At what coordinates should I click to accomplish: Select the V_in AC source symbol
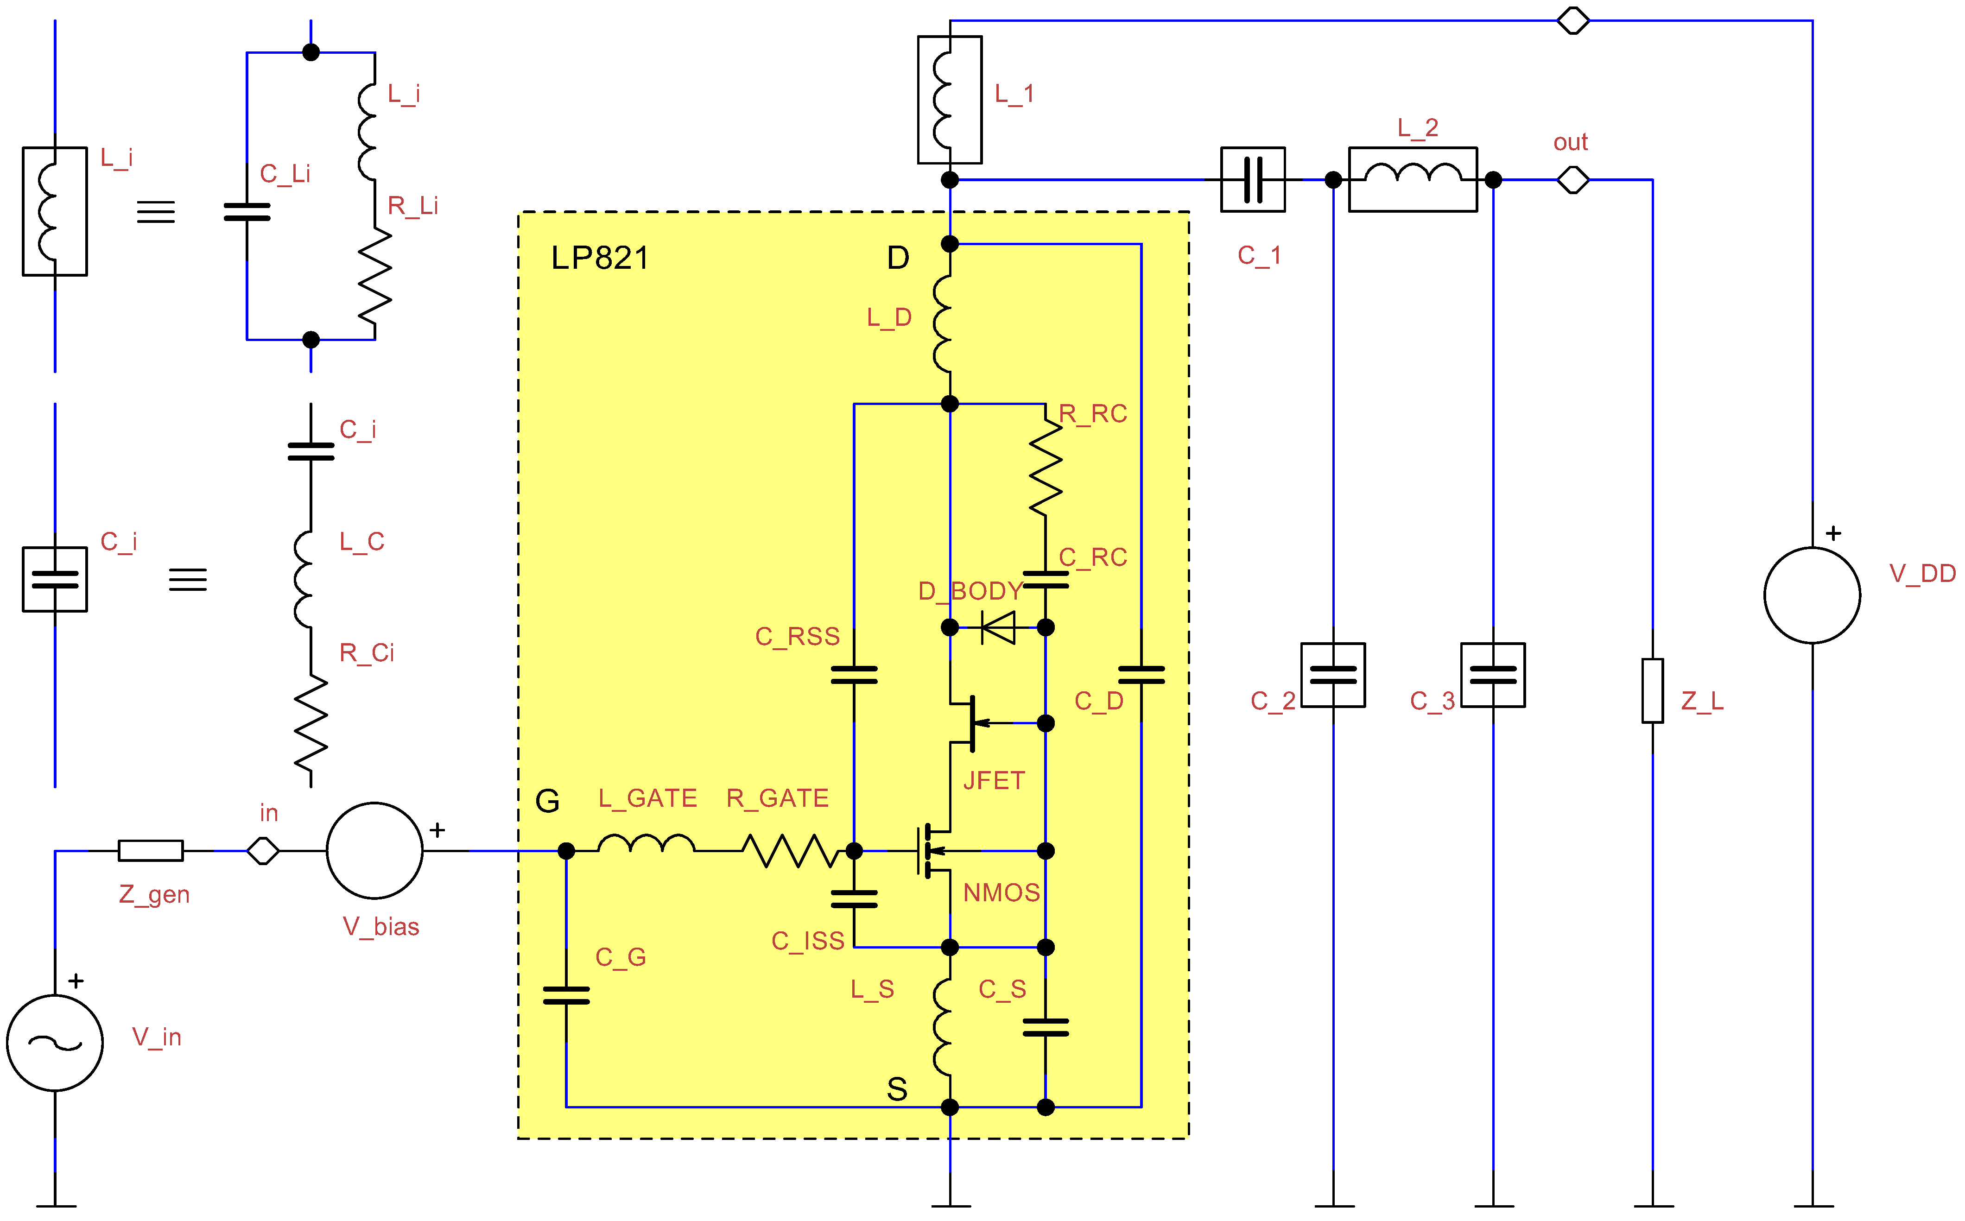point(55,1043)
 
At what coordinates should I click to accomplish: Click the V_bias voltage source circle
point(375,850)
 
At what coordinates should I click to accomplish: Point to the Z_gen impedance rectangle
point(151,850)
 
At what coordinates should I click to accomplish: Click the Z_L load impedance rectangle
point(1653,691)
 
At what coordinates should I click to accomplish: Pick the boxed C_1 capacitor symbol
point(1253,179)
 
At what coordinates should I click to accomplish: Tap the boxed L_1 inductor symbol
point(950,99)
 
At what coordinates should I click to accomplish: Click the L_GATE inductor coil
point(646,845)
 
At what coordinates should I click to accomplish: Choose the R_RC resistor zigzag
point(1046,468)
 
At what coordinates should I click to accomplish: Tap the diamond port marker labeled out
point(1572,179)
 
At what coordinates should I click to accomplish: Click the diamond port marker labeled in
point(263,850)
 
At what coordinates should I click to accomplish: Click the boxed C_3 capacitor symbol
point(1493,675)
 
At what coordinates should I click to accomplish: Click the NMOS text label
point(1002,892)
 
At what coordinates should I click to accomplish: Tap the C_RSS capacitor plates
point(854,675)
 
